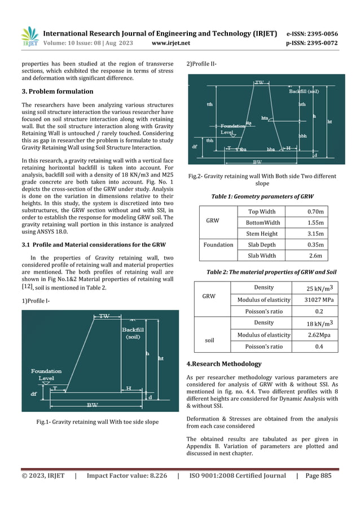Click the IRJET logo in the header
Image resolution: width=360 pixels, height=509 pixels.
pos(29,37)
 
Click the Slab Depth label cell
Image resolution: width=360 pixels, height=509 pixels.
pos(261,245)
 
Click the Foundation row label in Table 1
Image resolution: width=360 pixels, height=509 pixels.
pos(218,245)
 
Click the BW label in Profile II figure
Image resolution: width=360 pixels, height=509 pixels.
pos(257,161)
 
